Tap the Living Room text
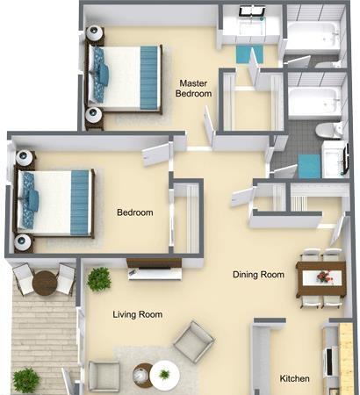coord(138,314)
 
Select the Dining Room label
coord(258,275)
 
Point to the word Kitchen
coord(294,378)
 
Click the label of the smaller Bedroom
coord(135,212)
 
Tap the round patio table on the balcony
coord(45,283)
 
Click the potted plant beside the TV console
coord(98,279)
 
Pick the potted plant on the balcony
coord(26,379)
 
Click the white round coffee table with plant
coord(162,376)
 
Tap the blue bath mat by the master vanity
coord(244,54)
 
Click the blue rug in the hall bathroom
coord(308,165)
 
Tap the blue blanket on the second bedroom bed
coord(81,202)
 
